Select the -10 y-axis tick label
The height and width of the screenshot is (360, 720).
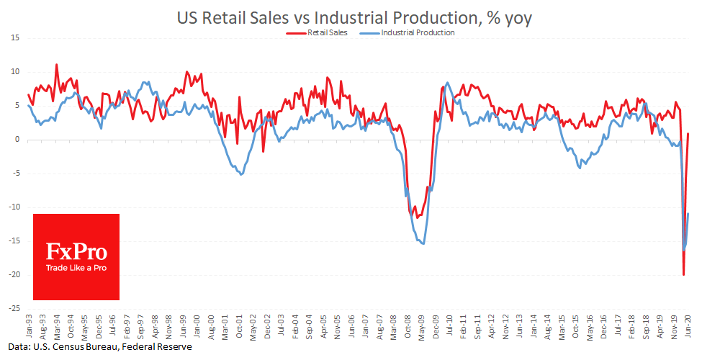(14, 207)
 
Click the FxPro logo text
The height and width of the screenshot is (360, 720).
(76, 251)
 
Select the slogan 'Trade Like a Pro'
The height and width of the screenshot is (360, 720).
(76, 268)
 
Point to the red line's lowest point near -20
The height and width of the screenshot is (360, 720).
(683, 274)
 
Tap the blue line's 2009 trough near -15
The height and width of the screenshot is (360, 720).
(423, 243)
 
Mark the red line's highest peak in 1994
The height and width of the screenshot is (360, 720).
(56, 65)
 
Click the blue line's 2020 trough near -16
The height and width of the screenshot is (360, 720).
(684, 250)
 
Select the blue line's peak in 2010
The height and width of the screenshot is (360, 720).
(448, 83)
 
